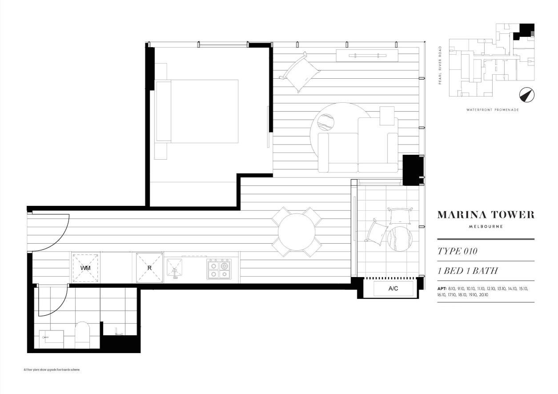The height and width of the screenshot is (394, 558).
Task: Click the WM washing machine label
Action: (x=85, y=268)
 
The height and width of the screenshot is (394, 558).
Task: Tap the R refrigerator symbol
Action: (x=149, y=268)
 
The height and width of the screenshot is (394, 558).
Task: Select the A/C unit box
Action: (x=393, y=289)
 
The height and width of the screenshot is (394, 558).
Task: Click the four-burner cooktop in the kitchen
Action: (x=219, y=269)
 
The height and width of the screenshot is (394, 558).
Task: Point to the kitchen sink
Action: (x=174, y=268)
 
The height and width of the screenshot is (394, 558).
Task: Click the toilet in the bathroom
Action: (x=82, y=335)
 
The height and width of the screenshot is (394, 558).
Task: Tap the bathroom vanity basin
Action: (x=51, y=339)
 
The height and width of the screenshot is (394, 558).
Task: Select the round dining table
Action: (x=297, y=232)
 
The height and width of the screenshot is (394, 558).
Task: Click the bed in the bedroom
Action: (x=196, y=112)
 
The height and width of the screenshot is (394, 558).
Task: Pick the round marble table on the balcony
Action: (x=400, y=239)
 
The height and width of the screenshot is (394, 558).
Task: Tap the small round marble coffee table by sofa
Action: (x=326, y=122)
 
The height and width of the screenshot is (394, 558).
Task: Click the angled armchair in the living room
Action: (x=300, y=72)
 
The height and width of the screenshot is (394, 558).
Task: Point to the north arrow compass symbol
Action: (x=527, y=95)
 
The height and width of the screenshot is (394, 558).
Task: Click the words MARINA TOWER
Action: (x=486, y=215)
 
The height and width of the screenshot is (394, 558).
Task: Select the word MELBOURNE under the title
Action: (x=486, y=227)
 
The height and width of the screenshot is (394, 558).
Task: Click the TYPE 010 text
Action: (x=458, y=251)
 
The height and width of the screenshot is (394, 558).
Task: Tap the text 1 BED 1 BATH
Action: (x=468, y=271)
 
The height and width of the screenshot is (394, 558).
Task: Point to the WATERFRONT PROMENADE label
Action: (x=493, y=110)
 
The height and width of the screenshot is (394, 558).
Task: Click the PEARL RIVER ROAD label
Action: (x=440, y=65)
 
